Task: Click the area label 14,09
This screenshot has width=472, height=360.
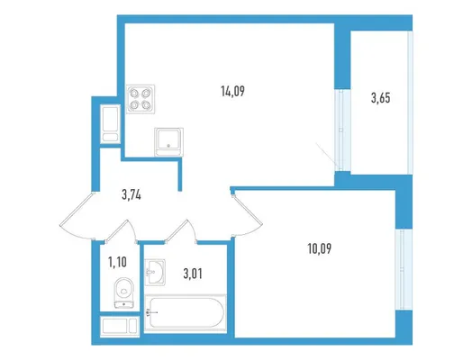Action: click(x=232, y=91)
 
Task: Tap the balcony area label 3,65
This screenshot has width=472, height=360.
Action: click(x=380, y=98)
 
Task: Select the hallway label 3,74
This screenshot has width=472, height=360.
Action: click(x=132, y=195)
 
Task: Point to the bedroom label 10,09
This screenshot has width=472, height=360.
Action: click(x=320, y=248)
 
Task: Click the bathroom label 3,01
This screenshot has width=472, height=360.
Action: click(x=193, y=274)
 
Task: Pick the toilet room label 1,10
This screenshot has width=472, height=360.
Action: click(x=117, y=262)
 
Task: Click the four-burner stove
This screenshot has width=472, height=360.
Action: click(x=141, y=99)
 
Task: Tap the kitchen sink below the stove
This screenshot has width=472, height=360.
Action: click(x=168, y=142)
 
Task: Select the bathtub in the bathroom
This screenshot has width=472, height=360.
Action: click(x=186, y=313)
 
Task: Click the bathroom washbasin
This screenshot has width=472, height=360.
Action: click(x=155, y=272)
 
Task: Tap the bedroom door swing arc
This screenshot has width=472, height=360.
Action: click(x=249, y=214)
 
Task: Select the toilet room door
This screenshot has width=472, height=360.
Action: click(x=122, y=229)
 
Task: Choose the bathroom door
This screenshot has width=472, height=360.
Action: click(x=182, y=230)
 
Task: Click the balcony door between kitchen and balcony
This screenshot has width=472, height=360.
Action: click(x=342, y=130)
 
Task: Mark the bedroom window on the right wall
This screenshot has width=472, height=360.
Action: click(x=404, y=269)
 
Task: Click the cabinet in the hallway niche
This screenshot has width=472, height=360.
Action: click(x=110, y=123)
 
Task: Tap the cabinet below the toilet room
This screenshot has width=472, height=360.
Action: click(x=120, y=326)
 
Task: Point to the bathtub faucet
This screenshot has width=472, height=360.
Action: click(x=151, y=313)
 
